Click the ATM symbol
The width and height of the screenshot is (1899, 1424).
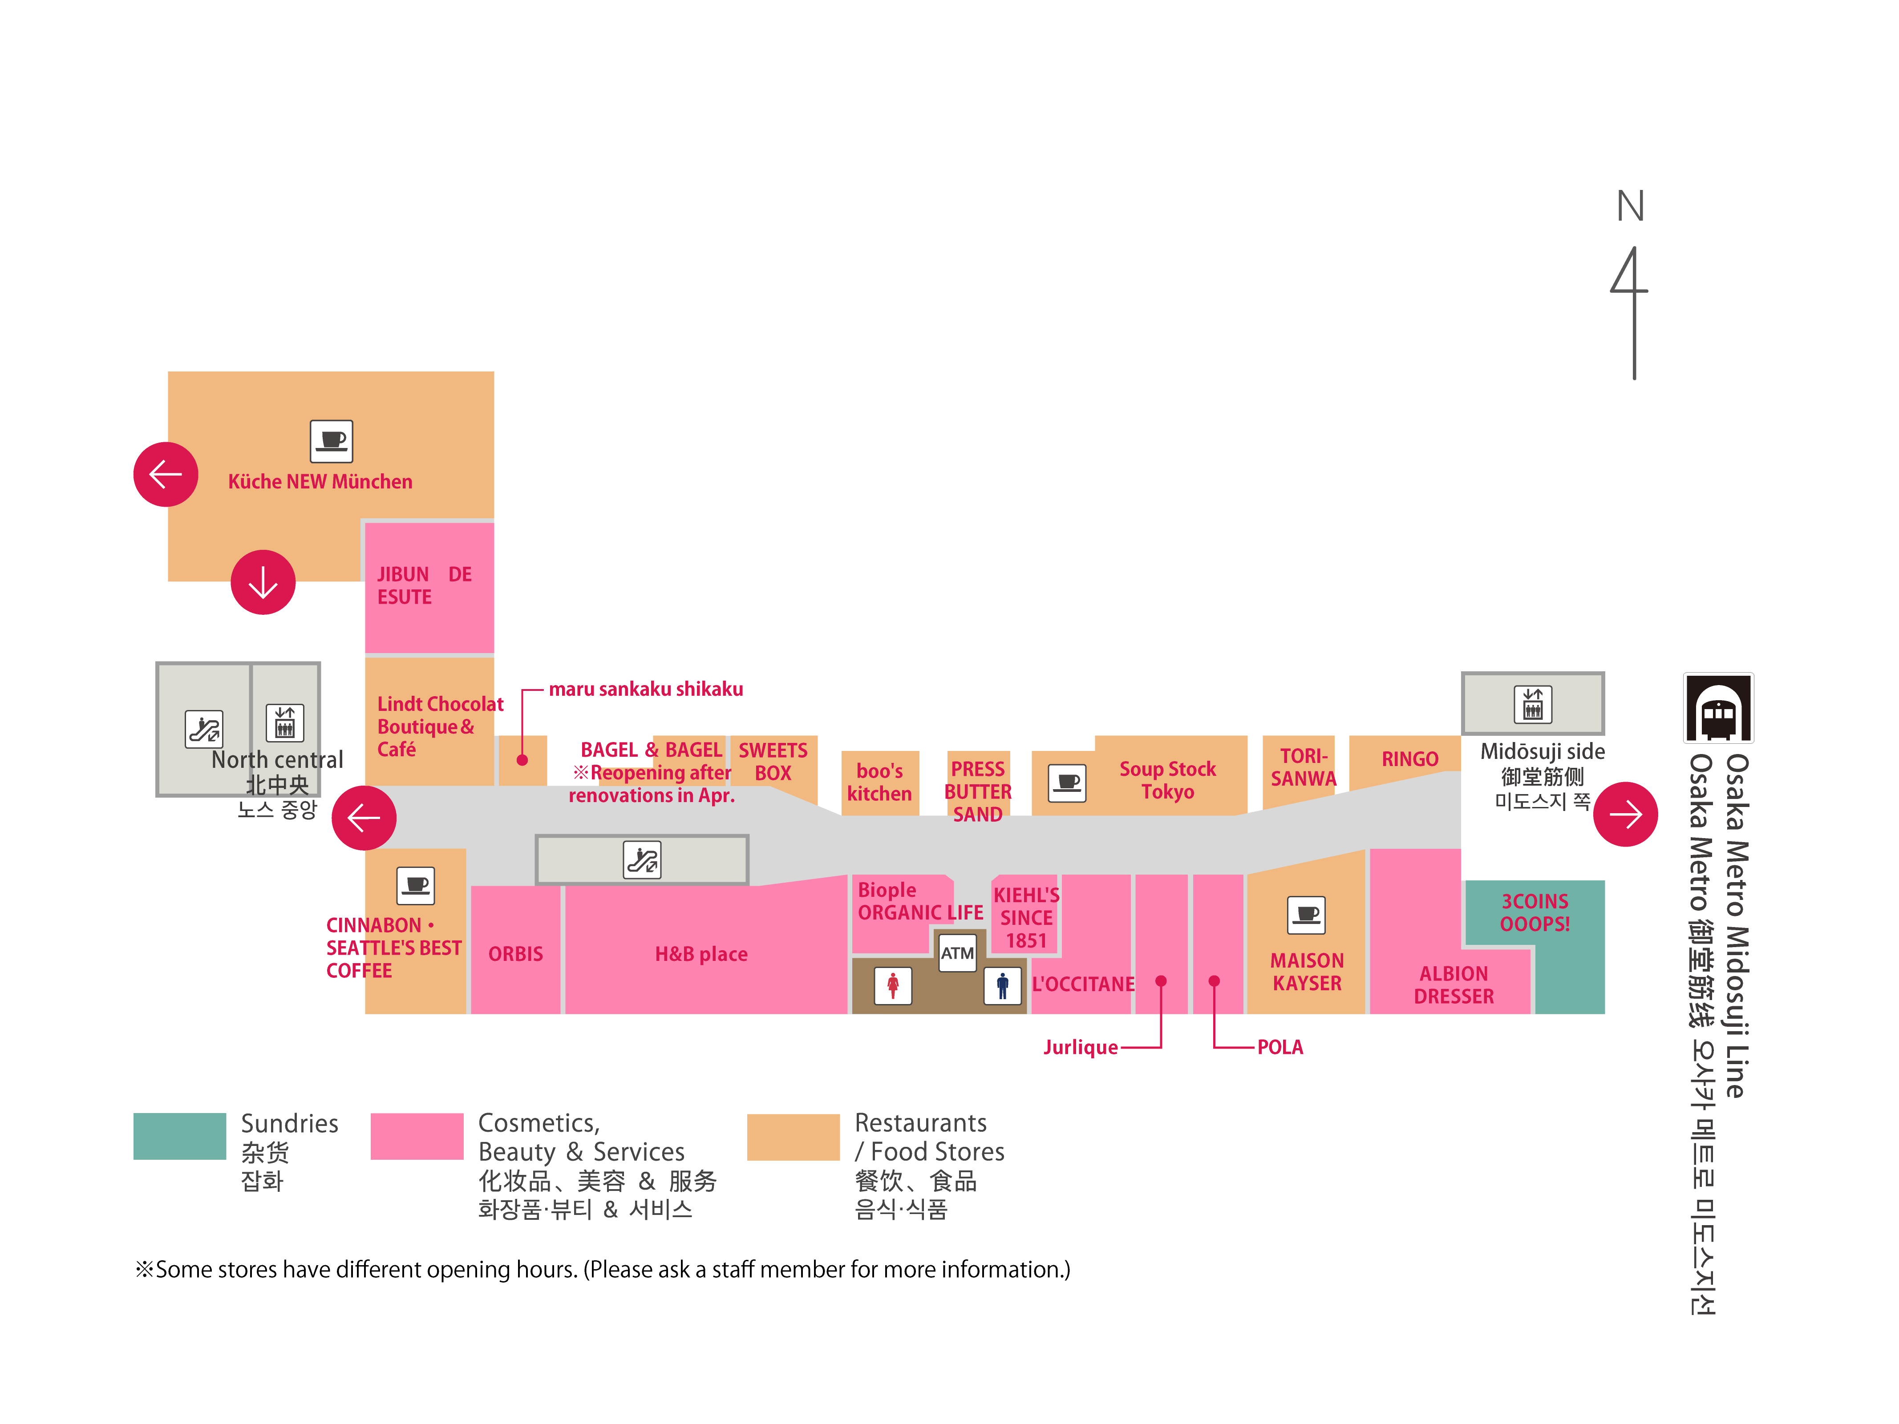click(957, 953)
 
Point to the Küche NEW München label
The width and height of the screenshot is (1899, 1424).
click(320, 481)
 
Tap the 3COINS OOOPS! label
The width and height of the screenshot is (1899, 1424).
click(1534, 912)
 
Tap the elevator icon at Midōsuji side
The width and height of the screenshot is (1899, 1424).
click(1532, 704)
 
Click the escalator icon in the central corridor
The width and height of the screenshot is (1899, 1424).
click(642, 859)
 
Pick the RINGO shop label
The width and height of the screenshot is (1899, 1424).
click(1409, 759)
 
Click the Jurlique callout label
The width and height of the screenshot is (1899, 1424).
click(1080, 1047)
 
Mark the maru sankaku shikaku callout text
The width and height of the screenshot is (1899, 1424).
click(646, 689)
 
